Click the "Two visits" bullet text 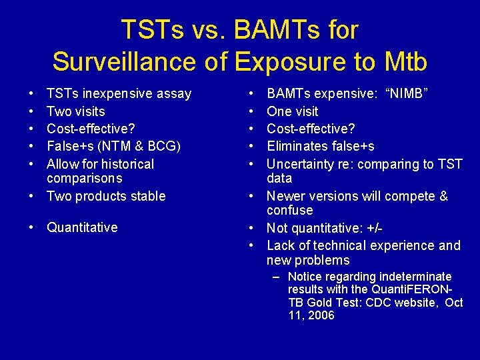[x=75, y=111]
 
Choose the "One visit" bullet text [x=293, y=111]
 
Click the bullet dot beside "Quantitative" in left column [x=31, y=227]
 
